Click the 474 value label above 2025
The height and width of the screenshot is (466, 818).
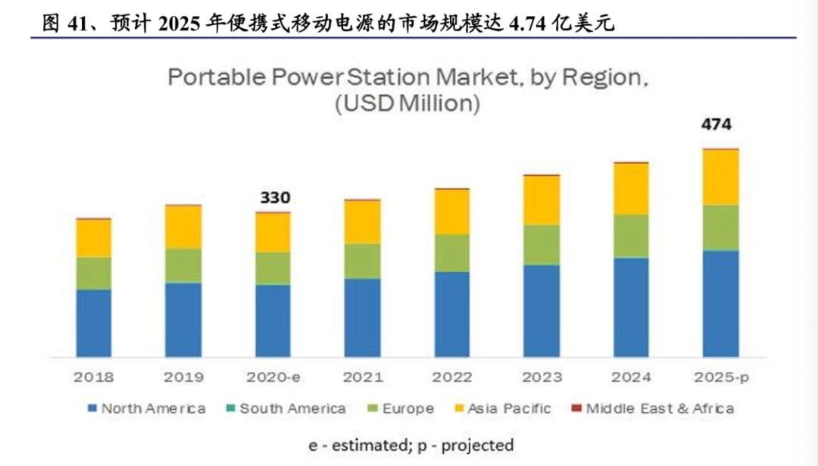tap(717, 124)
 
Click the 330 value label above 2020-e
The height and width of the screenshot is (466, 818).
tap(275, 198)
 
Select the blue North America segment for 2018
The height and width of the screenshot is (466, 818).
tap(94, 323)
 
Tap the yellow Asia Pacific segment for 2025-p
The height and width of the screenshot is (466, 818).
tap(720, 177)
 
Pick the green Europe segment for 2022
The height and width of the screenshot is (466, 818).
tap(451, 253)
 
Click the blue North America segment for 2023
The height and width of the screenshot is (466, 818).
tap(541, 311)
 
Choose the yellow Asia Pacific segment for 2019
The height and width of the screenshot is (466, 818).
tap(183, 227)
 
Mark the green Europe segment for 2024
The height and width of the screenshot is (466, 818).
tap(630, 236)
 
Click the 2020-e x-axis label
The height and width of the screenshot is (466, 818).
tap(273, 377)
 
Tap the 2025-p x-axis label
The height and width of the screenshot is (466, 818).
tap(720, 377)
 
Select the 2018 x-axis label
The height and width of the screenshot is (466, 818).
tap(94, 377)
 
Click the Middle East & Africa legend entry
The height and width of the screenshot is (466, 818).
tap(652, 408)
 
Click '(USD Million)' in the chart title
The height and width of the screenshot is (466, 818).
tap(407, 104)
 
